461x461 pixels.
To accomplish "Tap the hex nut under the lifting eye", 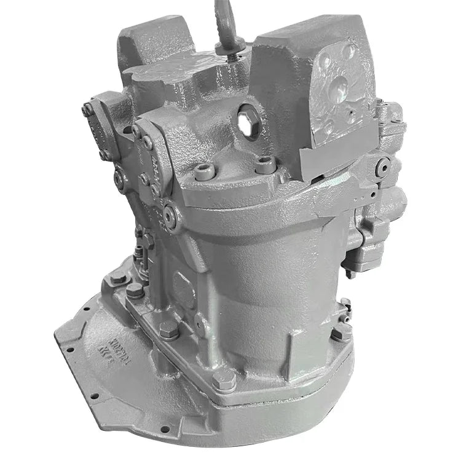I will click(235, 55).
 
